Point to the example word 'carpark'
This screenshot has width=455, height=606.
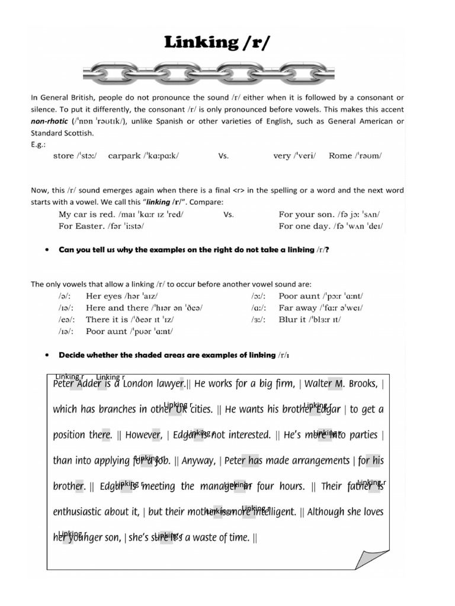point(124,156)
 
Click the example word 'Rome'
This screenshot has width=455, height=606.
point(340,156)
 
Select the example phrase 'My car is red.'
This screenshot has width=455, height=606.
point(86,215)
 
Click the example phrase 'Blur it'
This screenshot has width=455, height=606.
point(293,320)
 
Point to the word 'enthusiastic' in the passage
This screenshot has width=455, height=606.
point(82,512)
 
